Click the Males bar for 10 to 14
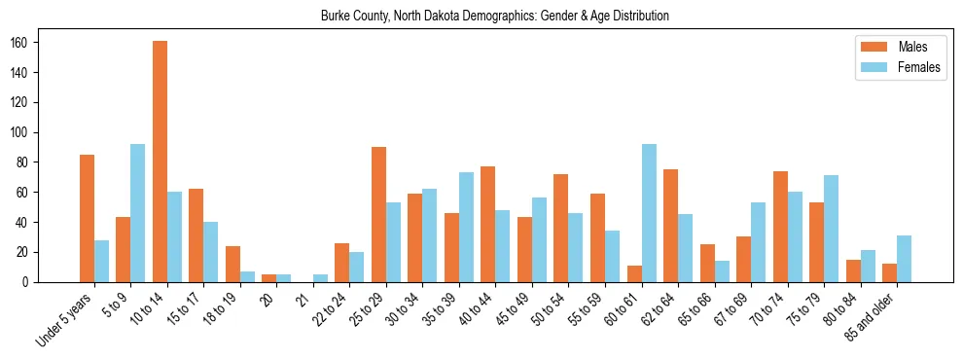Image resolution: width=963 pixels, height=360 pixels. (x=160, y=162)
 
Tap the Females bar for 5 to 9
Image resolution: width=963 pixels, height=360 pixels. (x=138, y=213)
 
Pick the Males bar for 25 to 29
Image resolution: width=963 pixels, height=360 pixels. (x=378, y=215)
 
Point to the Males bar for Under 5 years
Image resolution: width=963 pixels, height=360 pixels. (x=87, y=218)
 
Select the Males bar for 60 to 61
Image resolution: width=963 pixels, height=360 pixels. (x=634, y=273)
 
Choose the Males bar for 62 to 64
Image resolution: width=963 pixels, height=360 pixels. (x=670, y=226)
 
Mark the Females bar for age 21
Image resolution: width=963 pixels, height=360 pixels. (x=320, y=278)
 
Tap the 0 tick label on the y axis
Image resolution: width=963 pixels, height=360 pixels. (x=31, y=282)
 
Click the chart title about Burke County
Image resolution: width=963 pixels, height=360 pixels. (x=494, y=17)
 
